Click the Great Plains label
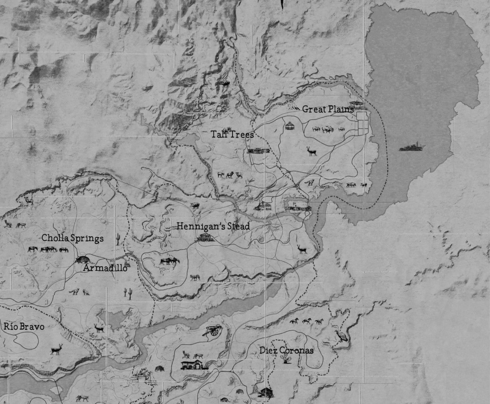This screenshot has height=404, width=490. (x=328, y=109)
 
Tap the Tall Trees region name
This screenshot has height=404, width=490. (x=232, y=134)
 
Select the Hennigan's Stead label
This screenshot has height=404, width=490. (x=213, y=226)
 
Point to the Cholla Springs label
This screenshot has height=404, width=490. (x=72, y=238)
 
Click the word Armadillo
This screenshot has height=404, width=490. (x=105, y=268)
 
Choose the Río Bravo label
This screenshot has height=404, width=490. (x=24, y=327)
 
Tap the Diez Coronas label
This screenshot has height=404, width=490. (x=286, y=350)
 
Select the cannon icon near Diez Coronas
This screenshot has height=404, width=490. (x=213, y=330)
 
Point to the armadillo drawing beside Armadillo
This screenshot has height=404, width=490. (x=83, y=259)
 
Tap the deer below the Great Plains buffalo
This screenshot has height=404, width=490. (x=312, y=151)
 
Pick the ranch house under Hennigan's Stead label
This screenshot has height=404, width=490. (x=206, y=238)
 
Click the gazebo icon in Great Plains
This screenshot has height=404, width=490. (x=290, y=126)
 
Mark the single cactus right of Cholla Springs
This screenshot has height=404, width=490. (x=118, y=239)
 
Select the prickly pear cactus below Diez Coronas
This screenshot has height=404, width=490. (x=285, y=360)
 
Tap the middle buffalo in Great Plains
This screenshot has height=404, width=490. (x=327, y=129)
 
